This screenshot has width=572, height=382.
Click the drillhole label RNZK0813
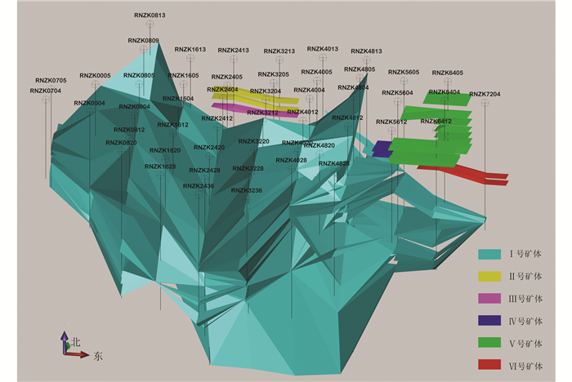pyautogui.click(x=150, y=15)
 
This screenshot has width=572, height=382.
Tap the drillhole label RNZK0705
pyautogui.click(x=51, y=81)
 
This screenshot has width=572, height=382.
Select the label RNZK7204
pyautogui.click(x=485, y=94)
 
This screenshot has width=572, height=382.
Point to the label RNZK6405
pyautogui.click(x=447, y=73)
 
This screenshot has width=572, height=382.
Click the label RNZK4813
pyautogui.click(x=366, y=51)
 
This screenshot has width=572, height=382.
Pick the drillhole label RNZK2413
pyautogui.click(x=233, y=51)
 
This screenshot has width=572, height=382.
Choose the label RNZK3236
pyautogui.click(x=247, y=190)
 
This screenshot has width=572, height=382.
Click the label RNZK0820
pyautogui.click(x=121, y=143)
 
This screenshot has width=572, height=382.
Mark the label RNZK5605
pyautogui.click(x=404, y=73)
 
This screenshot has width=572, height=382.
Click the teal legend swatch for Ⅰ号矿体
pyautogui.click(x=489, y=254)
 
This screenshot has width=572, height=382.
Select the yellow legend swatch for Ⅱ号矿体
pyautogui.click(x=489, y=276)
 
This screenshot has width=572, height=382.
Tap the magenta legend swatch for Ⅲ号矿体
pyautogui.click(x=489, y=299)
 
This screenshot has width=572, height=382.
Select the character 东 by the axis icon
pyautogui.click(x=98, y=356)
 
